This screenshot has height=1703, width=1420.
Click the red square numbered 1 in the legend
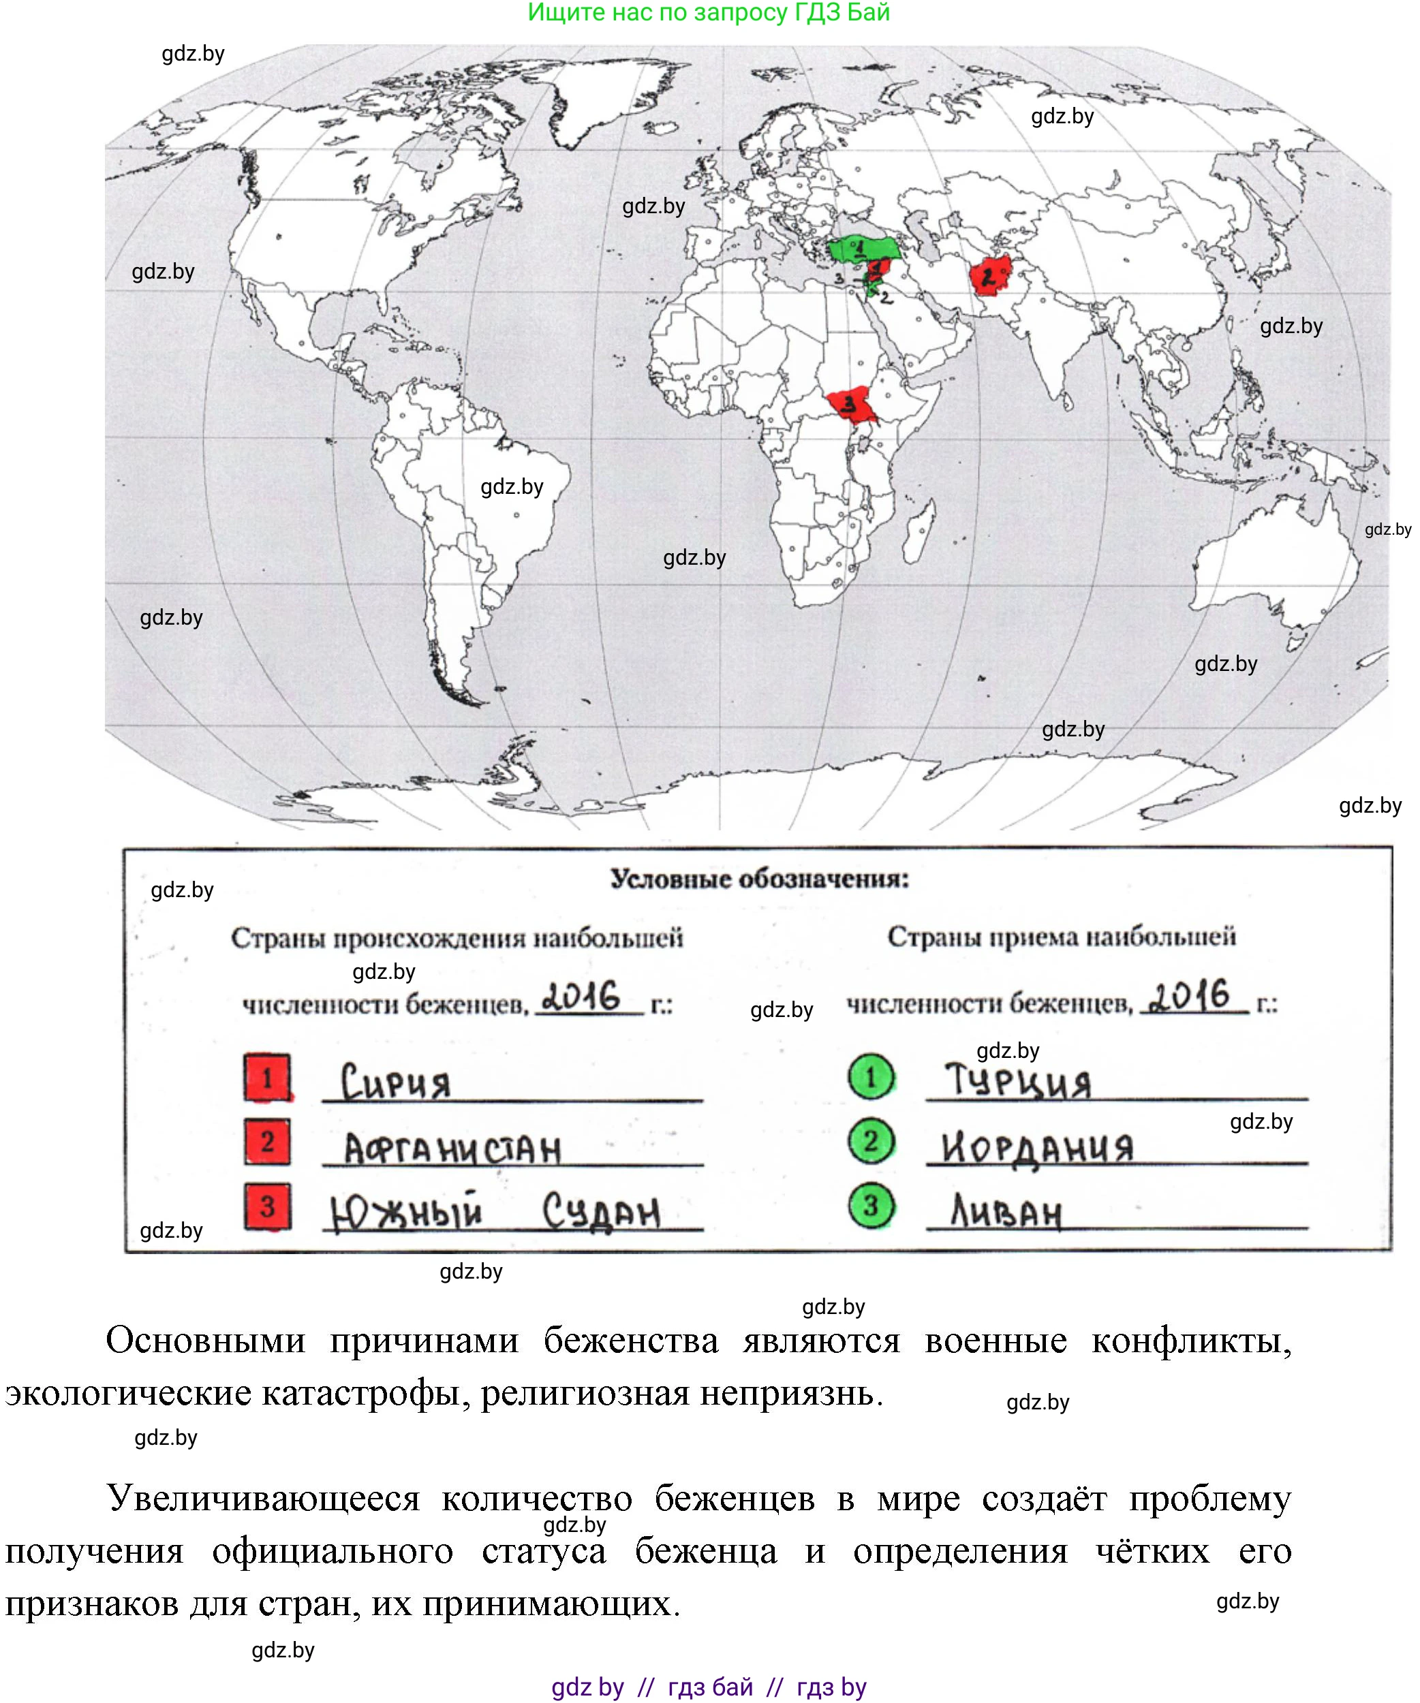(x=268, y=1077)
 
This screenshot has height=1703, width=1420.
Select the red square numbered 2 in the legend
(x=268, y=1141)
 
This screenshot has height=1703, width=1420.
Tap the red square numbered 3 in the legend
(x=268, y=1206)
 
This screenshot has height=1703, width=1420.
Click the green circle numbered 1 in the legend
(x=871, y=1077)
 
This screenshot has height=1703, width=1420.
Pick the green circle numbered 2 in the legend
(x=871, y=1141)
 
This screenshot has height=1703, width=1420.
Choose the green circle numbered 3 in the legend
(x=871, y=1205)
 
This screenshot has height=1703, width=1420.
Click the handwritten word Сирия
(x=395, y=1082)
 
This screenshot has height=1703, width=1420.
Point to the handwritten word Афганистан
(x=452, y=1149)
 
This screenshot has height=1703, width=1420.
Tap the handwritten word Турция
(x=1018, y=1081)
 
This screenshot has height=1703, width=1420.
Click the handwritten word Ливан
(x=1006, y=1213)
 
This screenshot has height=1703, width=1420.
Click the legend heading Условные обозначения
(x=759, y=879)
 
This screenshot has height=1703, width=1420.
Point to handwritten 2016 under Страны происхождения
(x=581, y=997)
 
